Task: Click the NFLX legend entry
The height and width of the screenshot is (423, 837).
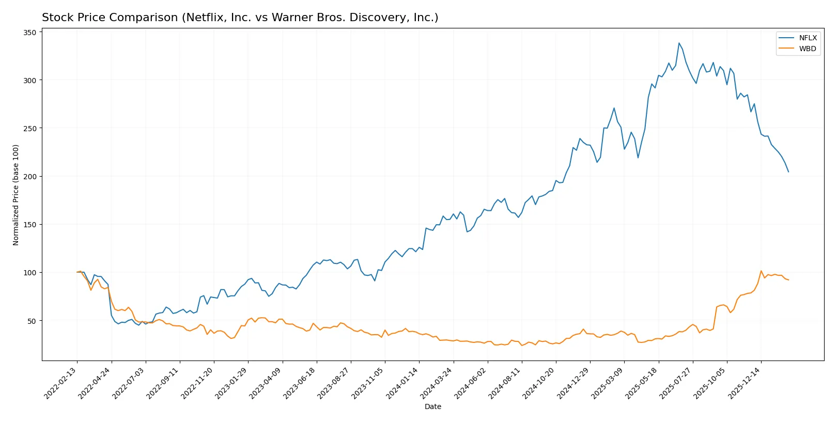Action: (808, 38)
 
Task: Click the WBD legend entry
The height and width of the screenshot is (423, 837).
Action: (807, 49)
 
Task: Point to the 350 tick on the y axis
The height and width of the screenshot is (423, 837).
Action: (30, 33)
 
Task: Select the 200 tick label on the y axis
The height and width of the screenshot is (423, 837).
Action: (30, 177)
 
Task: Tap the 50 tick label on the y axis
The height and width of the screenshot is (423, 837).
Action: (32, 321)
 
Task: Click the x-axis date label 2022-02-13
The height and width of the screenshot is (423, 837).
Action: (61, 383)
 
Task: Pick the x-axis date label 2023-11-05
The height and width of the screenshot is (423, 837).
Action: (368, 383)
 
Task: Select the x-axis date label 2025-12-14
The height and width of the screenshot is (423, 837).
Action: (745, 383)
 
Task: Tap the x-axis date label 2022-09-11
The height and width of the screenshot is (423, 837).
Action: (163, 383)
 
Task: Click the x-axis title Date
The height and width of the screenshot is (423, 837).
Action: (432, 406)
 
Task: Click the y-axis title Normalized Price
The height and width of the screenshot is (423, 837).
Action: (16, 195)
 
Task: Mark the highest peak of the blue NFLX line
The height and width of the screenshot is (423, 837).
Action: (679, 43)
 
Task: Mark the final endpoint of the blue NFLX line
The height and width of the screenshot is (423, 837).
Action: (788, 171)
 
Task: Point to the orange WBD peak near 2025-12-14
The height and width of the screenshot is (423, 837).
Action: (761, 271)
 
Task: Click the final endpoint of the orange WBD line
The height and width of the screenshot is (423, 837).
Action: (788, 280)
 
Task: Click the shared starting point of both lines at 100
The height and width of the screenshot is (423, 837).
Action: (78, 272)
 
